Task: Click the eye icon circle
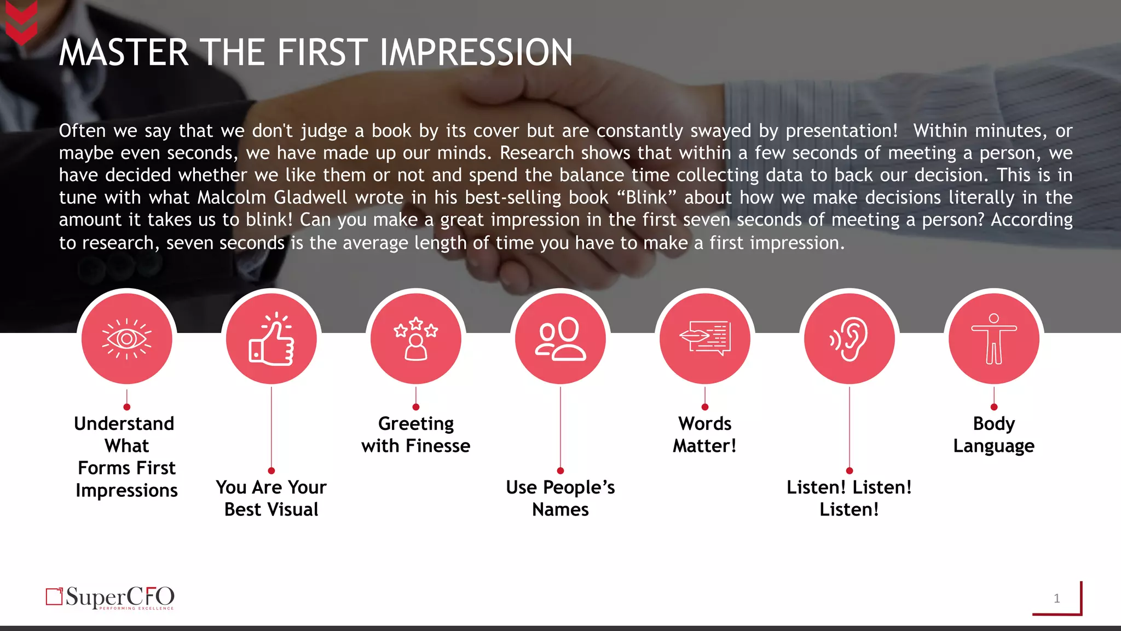click(x=127, y=339)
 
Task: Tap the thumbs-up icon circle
click(x=271, y=339)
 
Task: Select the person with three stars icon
click(x=416, y=339)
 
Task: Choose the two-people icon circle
click(x=560, y=339)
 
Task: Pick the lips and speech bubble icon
click(x=705, y=339)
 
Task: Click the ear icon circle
click(x=850, y=339)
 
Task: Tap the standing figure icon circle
click(x=994, y=339)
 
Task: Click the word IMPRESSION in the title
click(x=476, y=53)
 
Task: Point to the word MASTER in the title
click(x=124, y=53)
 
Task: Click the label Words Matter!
click(x=705, y=435)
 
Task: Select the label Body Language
click(x=994, y=435)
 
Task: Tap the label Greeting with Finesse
click(x=416, y=435)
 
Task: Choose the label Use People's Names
click(x=560, y=498)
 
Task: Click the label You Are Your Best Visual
click(x=271, y=498)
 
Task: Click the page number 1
click(x=1057, y=599)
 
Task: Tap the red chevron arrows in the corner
click(x=21, y=23)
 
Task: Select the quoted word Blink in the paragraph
click(x=646, y=197)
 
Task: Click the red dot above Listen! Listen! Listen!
click(x=850, y=471)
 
